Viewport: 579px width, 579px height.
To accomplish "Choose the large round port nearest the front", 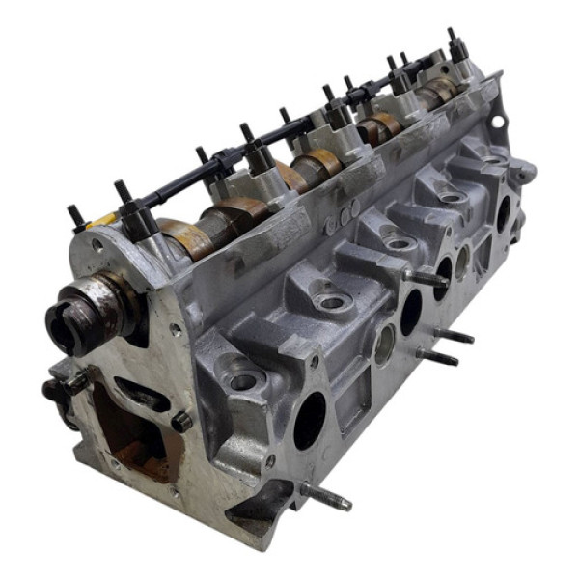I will pyautogui.click(x=310, y=421).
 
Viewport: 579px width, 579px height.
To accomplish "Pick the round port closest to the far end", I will pyautogui.click(x=503, y=213).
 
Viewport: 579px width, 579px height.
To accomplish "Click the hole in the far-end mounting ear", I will pyautogui.click(x=498, y=124).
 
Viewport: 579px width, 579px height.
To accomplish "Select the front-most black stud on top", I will pyautogui.click(x=74, y=216).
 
